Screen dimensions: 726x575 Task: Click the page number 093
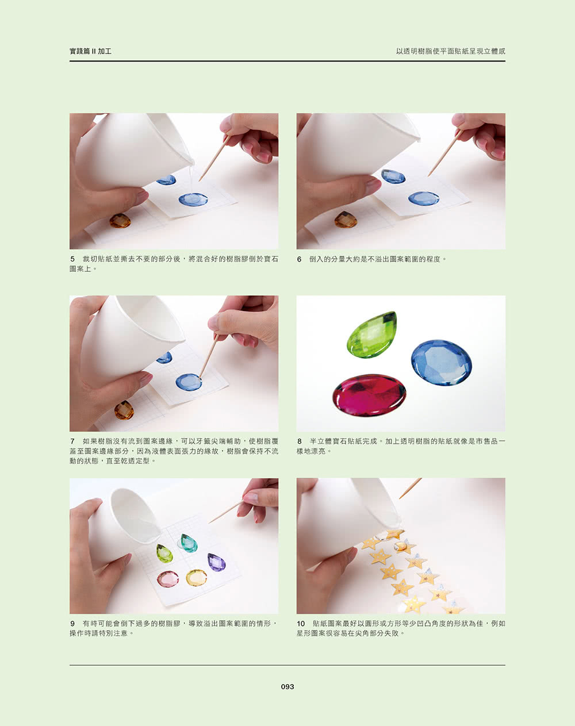click(x=287, y=686)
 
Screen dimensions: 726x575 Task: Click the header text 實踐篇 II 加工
click(x=90, y=51)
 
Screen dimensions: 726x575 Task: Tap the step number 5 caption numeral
click(x=72, y=259)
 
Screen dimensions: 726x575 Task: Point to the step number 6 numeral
click(x=299, y=259)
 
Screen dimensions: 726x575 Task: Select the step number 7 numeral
click(x=72, y=441)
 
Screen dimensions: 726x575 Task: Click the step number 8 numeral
click(x=299, y=441)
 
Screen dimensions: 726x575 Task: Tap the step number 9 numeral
click(x=72, y=623)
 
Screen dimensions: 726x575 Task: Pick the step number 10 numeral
click(x=301, y=623)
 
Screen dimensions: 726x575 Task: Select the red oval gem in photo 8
click(x=369, y=395)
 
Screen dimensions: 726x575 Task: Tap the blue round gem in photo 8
click(x=441, y=362)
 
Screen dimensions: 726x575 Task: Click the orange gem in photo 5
click(x=120, y=221)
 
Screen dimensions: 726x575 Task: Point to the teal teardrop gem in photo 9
click(x=189, y=543)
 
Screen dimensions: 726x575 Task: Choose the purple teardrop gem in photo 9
click(x=216, y=562)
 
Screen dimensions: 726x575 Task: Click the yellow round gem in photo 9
click(x=196, y=577)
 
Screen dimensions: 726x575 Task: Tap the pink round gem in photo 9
click(x=168, y=579)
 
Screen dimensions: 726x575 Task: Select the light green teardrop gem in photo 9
click(x=164, y=554)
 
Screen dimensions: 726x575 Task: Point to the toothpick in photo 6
click(x=445, y=152)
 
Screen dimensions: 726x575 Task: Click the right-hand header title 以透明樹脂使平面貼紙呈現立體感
click(x=450, y=51)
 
